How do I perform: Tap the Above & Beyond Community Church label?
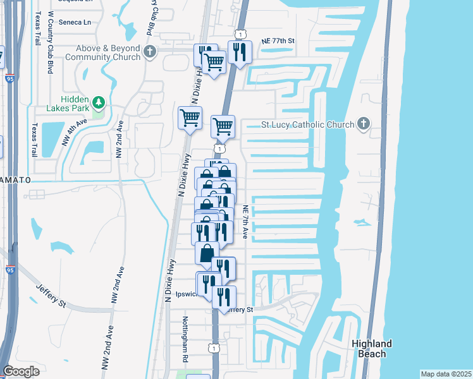coord(107,52)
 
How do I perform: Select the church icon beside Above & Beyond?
coord(150,52)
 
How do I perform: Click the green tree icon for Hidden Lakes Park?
coord(98,102)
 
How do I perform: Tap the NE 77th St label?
coord(278,40)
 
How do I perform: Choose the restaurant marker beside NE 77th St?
coord(239,52)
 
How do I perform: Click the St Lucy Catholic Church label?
coord(309,124)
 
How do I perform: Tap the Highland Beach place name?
coord(371,349)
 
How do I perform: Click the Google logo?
coord(21,371)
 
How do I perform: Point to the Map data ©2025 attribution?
coord(445,374)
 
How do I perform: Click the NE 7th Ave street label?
coord(245,221)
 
